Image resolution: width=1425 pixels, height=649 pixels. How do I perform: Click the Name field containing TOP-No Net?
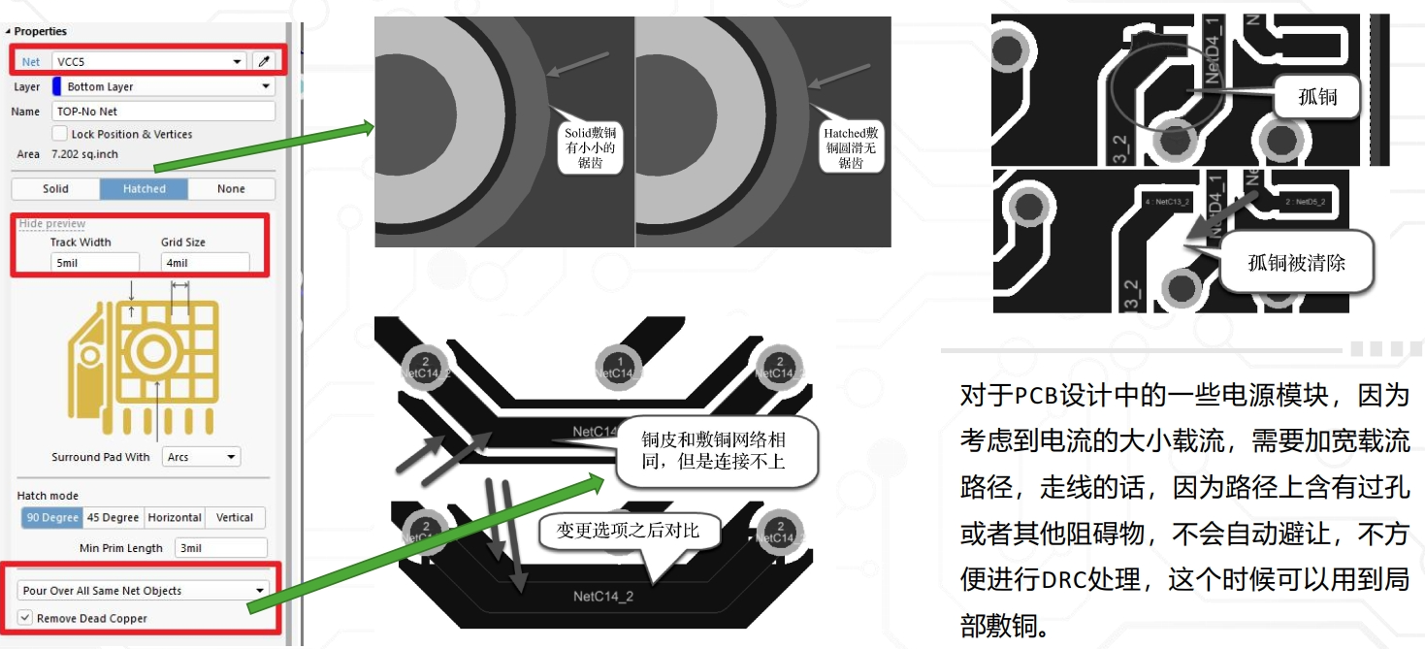[x=163, y=112]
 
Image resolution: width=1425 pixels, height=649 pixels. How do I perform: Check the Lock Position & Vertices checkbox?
[x=60, y=134]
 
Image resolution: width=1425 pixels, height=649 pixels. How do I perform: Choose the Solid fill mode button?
[x=55, y=189]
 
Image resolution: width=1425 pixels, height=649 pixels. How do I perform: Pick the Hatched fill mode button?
[x=144, y=189]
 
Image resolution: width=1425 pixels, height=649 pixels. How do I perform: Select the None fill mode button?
[x=231, y=189]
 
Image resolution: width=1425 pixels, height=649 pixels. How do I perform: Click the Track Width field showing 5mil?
[x=94, y=263]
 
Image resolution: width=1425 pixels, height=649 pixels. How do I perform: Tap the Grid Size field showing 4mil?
[x=205, y=263]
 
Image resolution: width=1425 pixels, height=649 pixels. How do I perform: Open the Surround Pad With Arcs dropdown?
[x=201, y=457]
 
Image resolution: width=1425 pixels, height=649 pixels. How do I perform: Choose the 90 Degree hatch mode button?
[x=52, y=518]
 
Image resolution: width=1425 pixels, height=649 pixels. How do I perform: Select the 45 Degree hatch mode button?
[x=113, y=518]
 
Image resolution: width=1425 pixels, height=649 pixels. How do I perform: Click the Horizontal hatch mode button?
[x=175, y=518]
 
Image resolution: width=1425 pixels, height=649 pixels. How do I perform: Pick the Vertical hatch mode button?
[x=235, y=518]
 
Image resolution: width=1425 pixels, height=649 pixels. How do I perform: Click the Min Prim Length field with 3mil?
[x=220, y=548]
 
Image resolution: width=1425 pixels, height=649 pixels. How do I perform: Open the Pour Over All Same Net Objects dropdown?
[x=144, y=591]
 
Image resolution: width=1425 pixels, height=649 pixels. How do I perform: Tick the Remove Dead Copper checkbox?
[x=25, y=618]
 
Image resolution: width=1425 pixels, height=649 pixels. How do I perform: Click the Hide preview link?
[x=52, y=224]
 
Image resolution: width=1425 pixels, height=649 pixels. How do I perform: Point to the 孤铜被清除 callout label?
[x=1296, y=262]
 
